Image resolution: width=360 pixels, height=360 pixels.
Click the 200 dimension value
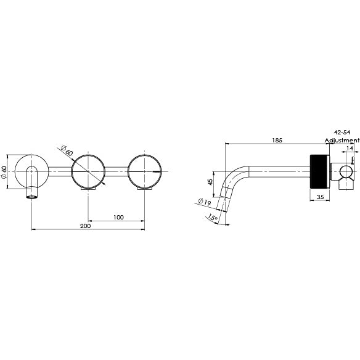pyautogui.click(x=86, y=226)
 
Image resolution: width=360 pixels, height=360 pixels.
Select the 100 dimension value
pyautogui.click(x=118, y=216)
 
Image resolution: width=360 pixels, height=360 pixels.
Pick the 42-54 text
pyautogui.click(x=342, y=133)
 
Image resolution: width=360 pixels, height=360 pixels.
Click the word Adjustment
pyautogui.click(x=342, y=141)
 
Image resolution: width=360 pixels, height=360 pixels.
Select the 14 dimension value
pyautogui.click(x=350, y=149)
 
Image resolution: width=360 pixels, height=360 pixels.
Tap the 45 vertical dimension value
pyautogui.click(x=210, y=182)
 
